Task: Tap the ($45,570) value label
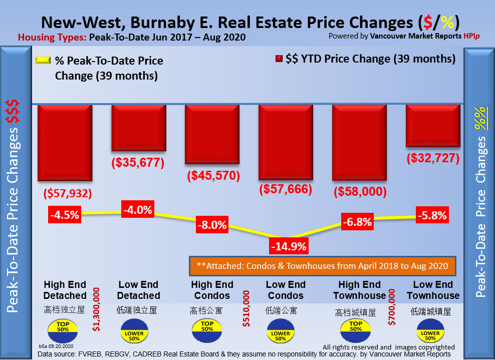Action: tap(213, 176)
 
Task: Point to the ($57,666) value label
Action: tap(286, 189)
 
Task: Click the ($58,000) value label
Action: tap(360, 191)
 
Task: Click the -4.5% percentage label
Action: tap(65, 215)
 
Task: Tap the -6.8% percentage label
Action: tap(357, 221)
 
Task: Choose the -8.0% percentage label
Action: tap(212, 225)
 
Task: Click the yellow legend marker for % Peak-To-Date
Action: tap(44, 60)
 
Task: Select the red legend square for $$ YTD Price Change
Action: tap(279, 59)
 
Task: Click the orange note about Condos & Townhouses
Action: tap(322, 265)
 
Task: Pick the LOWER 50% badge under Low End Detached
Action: tap(134, 331)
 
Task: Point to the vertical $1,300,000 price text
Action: tap(97, 309)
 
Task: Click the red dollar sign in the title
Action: tap(427, 23)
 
